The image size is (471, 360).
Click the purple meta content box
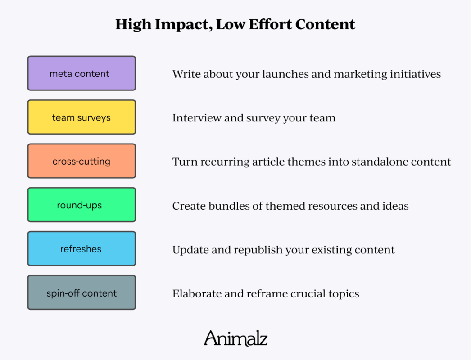pyautogui.click(x=82, y=73)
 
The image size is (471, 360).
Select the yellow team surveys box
pyautogui.click(x=82, y=117)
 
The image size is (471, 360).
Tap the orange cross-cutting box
pyautogui.click(x=82, y=161)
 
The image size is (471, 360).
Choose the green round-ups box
pyautogui.click(x=82, y=205)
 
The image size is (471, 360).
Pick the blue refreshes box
pyautogui.click(x=82, y=249)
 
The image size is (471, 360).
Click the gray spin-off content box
pyautogui.click(x=82, y=293)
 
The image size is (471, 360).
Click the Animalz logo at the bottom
pyautogui.click(x=235, y=338)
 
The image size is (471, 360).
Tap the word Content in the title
pyautogui.click(x=328, y=24)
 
